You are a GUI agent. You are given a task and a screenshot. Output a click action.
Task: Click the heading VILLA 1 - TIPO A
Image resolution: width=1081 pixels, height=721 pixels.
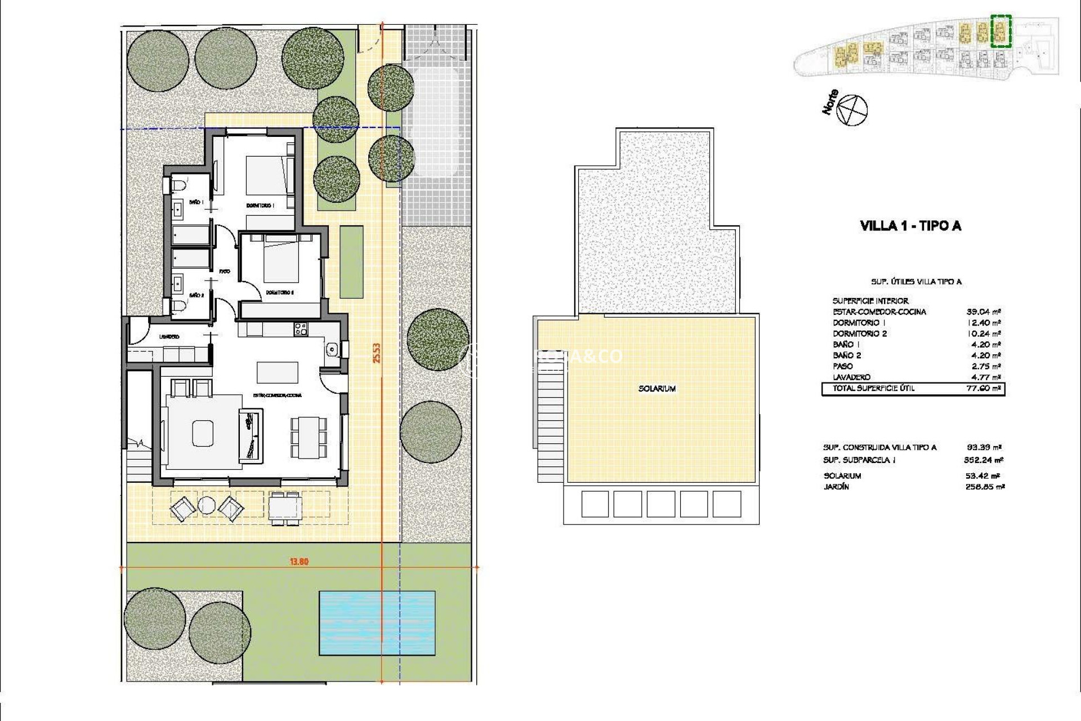point(910,226)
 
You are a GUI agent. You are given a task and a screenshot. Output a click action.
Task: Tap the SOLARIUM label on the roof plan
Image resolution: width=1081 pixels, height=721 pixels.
point(657,389)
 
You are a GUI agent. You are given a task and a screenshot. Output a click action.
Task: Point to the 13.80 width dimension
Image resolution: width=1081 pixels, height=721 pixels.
point(299,562)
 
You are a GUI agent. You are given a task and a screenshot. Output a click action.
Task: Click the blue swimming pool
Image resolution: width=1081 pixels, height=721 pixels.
point(377,622)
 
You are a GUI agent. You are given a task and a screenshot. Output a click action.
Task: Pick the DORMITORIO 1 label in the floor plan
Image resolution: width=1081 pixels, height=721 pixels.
point(260,206)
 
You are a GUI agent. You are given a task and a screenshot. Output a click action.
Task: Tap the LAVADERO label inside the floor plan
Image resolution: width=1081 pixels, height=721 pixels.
point(169,336)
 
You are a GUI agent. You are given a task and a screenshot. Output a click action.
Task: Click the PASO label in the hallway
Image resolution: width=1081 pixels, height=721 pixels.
point(225,271)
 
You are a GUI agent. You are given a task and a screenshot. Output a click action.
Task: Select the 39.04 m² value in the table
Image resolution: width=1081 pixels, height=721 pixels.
point(984,311)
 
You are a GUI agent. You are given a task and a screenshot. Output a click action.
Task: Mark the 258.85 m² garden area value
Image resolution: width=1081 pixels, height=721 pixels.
point(984,487)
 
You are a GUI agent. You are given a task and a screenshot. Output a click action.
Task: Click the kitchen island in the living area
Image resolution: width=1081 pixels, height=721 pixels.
point(278,372)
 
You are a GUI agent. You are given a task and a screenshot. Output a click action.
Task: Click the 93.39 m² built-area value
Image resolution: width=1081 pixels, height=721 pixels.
point(984,447)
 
